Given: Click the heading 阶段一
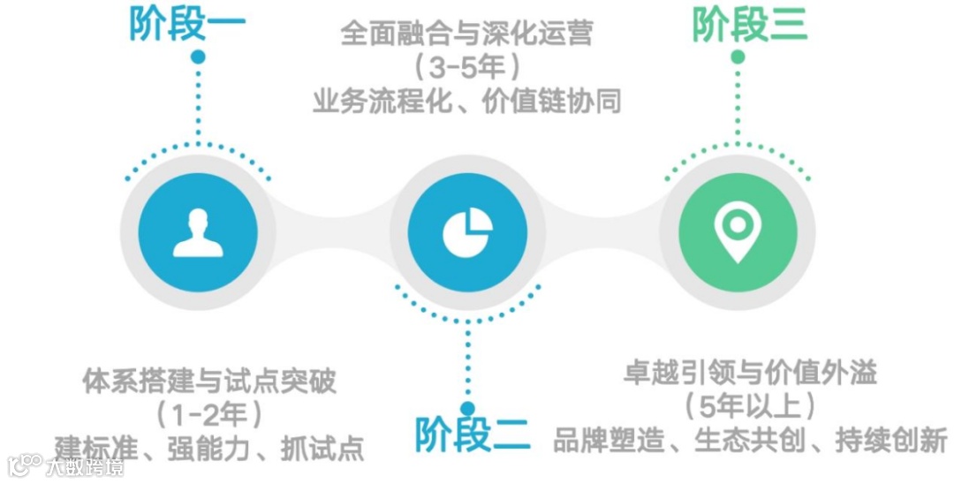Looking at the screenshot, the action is [187, 24].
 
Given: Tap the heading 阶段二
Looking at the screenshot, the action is [473, 433].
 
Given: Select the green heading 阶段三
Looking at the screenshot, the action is [749, 24].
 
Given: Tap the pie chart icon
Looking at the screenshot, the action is [467, 231].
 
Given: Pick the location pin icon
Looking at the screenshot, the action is [737, 231].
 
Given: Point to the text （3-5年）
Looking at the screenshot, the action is [466, 68].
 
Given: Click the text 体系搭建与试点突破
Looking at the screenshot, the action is [209, 382].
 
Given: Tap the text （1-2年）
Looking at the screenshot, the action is [209, 413].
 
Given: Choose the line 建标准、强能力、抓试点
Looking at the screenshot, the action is [209, 447].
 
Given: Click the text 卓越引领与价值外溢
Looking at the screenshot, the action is [749, 373].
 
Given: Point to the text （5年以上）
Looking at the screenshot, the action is [749, 406].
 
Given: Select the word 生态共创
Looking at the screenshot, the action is [749, 439].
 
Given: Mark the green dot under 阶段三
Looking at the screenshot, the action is [738, 57].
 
